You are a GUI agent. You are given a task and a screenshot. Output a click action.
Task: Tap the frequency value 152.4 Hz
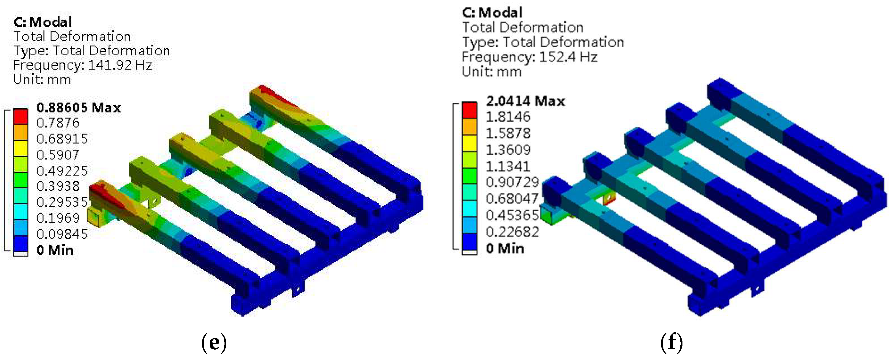click(x=568, y=57)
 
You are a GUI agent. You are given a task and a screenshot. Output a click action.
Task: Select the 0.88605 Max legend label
click(x=79, y=107)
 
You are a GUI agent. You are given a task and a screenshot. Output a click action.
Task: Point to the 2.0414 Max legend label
click(x=525, y=101)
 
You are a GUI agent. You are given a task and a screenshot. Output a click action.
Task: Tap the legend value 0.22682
click(x=512, y=232)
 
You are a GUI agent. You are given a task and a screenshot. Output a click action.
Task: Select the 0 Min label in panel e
click(x=55, y=250)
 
